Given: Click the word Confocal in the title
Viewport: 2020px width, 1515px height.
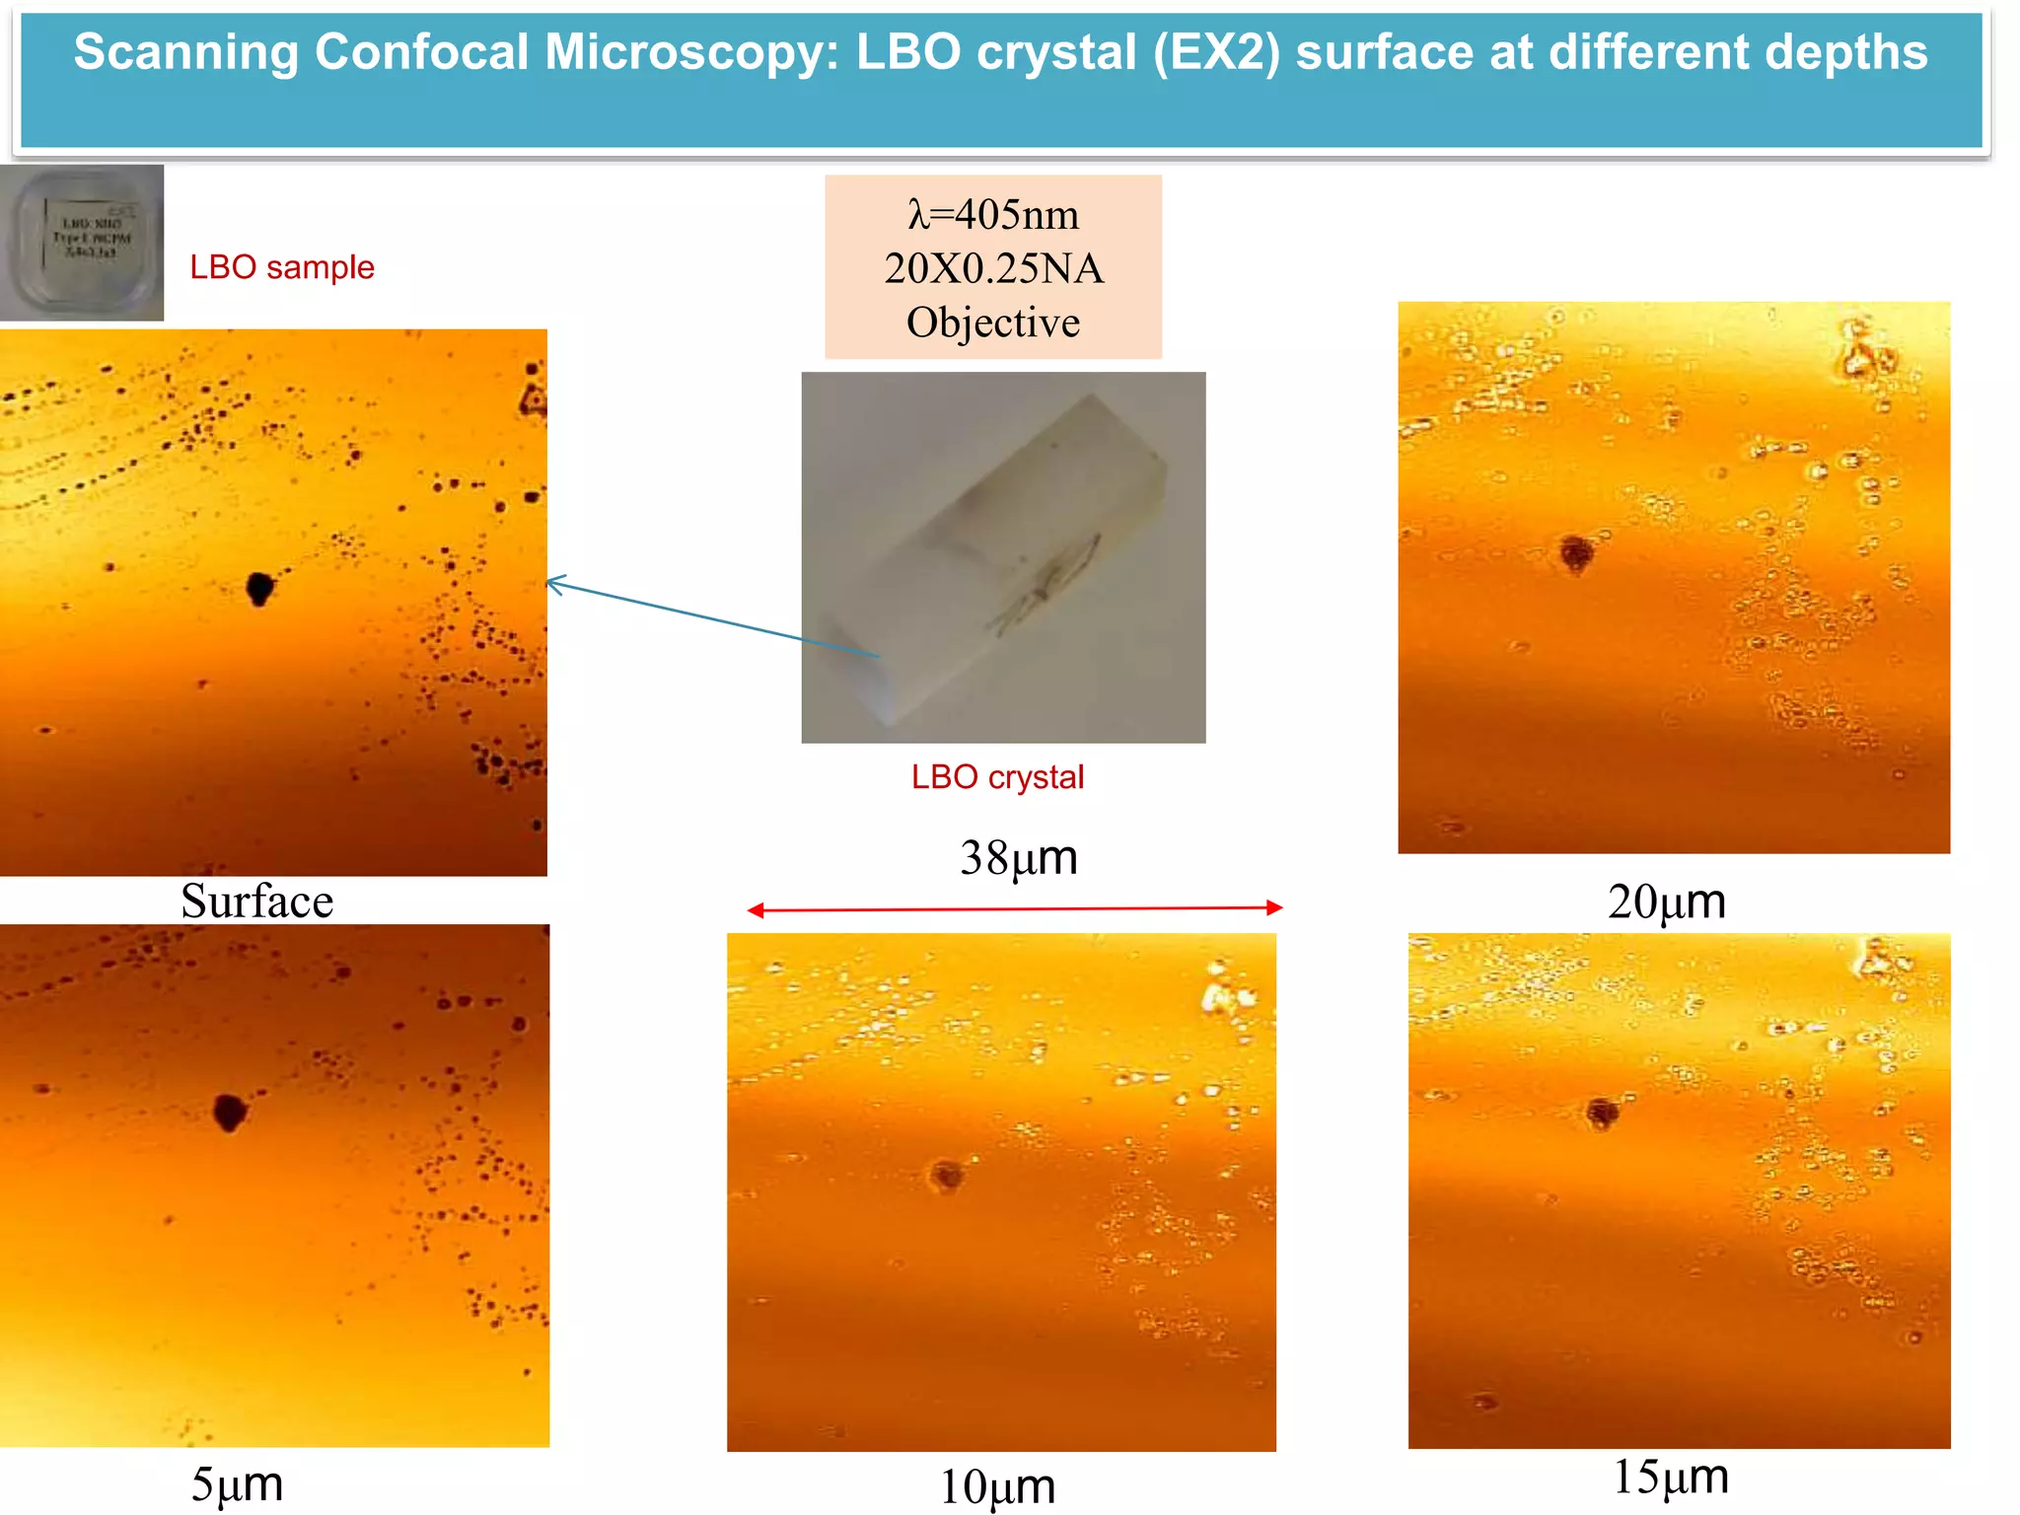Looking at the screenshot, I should click(x=422, y=52).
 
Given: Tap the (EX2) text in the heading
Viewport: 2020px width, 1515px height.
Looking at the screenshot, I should click(x=1216, y=52).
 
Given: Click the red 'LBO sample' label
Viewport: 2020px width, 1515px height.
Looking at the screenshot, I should click(x=281, y=267).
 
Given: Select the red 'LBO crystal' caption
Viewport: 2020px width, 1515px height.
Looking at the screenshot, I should click(x=996, y=777).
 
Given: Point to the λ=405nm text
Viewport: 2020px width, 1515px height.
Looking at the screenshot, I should click(x=993, y=214).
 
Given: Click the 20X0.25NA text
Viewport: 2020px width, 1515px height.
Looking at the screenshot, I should click(x=993, y=268).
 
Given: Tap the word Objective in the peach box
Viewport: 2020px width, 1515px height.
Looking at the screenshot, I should click(x=993, y=323).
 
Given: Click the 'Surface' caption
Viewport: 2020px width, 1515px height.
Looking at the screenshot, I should click(x=256, y=901).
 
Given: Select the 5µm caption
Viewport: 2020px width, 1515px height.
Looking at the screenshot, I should click(x=237, y=1483).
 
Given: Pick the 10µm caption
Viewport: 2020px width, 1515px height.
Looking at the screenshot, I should click(x=996, y=1486).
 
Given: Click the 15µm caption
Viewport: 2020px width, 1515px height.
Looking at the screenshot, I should click(x=1670, y=1477).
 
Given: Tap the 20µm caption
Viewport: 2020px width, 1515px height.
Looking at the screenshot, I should click(x=1666, y=901).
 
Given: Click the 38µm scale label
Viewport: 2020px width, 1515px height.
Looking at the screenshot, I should click(x=1018, y=857).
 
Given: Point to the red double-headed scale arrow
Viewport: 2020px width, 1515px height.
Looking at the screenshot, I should click(x=1014, y=908).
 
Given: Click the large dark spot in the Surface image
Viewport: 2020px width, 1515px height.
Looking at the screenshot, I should click(x=259, y=588).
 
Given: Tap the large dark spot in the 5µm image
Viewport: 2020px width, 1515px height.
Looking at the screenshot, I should click(x=230, y=1113).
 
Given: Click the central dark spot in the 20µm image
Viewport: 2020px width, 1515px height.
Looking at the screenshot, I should click(x=1576, y=552).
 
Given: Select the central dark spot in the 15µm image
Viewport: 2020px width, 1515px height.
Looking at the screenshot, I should click(x=1602, y=1113).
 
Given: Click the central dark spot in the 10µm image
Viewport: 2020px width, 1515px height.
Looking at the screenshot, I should click(x=946, y=1174).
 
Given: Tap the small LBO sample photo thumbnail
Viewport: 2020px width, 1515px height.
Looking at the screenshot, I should click(x=82, y=243).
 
